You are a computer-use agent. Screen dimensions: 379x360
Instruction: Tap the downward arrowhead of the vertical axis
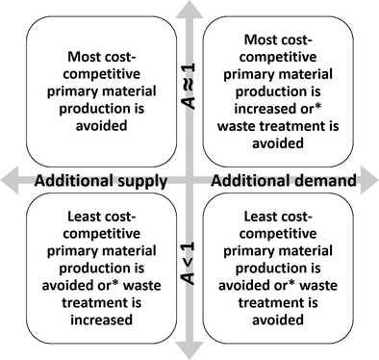click(x=190, y=350)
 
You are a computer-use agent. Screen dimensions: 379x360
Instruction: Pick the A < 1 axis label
click(x=190, y=266)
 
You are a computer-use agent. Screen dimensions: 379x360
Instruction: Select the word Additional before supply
click(x=74, y=180)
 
